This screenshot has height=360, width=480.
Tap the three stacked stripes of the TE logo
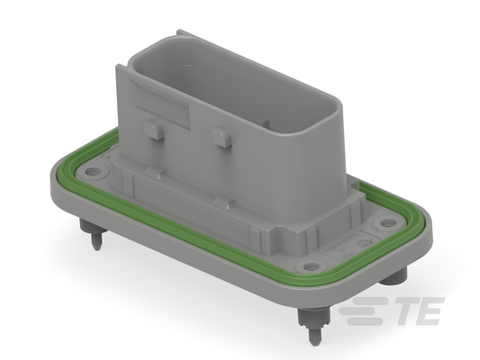[362, 310]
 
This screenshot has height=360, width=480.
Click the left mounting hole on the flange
[92, 171]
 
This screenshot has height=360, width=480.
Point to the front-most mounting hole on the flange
[312, 265]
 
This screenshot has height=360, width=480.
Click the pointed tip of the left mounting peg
[96, 247]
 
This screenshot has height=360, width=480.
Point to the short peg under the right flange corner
[397, 275]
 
